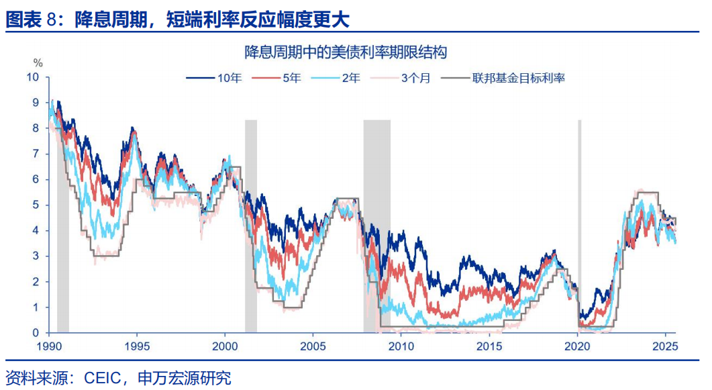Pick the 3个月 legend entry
click(x=415, y=79)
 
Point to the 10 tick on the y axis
click(x=33, y=77)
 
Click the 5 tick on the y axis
click(x=36, y=205)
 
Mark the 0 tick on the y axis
click(x=36, y=332)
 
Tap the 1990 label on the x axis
click(x=48, y=347)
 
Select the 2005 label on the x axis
click(x=313, y=347)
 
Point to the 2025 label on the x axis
click(x=665, y=347)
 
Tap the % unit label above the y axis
click(x=38, y=63)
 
